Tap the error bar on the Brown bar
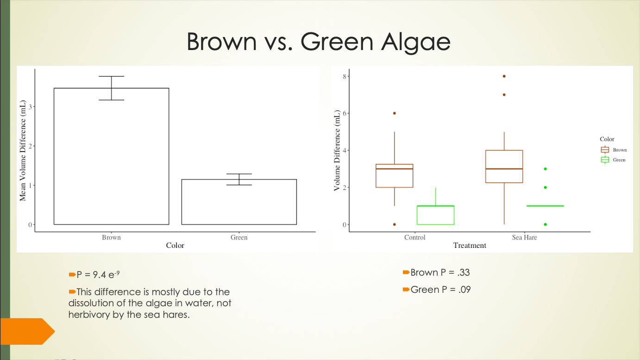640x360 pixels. point(112,88)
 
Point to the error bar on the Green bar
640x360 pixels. point(239,179)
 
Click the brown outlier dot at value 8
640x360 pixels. point(504,76)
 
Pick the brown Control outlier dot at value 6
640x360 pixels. point(394,113)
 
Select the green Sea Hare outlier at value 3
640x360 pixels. point(545,169)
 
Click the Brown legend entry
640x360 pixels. point(614,150)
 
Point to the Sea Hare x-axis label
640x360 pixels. point(524,237)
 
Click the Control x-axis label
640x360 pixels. point(414,237)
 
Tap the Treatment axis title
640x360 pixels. point(470,246)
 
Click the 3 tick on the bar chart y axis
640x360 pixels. point(30,107)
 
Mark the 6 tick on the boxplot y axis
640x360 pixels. point(345,113)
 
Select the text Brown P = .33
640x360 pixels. point(440,272)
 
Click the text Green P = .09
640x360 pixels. point(440,290)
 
